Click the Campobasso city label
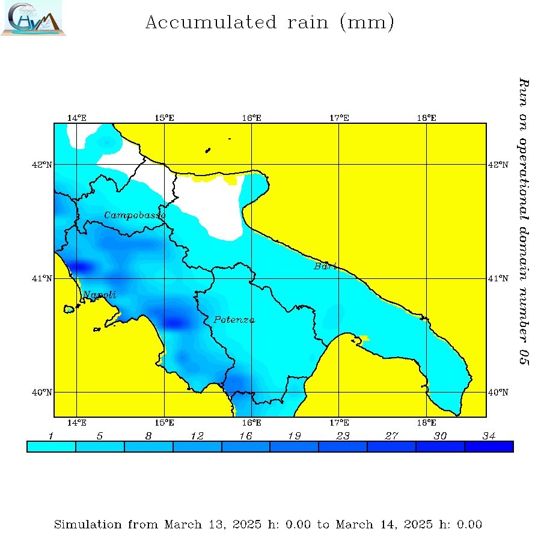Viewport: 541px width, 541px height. (x=135, y=215)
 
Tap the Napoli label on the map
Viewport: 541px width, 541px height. (x=99, y=295)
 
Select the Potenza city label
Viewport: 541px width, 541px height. (x=234, y=320)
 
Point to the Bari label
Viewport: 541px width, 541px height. (x=325, y=266)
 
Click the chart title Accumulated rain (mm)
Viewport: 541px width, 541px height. (x=270, y=23)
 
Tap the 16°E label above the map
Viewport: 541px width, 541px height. (x=252, y=118)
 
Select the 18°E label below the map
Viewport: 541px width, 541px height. (x=427, y=423)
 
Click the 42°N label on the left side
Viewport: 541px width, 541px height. (x=46, y=164)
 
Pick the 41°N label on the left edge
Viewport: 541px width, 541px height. (x=46, y=278)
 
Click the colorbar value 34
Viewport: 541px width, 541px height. (x=489, y=436)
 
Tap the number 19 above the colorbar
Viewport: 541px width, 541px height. (x=294, y=436)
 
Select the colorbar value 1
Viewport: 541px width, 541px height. (x=51, y=436)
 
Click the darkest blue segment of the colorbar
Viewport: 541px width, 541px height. (x=489, y=447)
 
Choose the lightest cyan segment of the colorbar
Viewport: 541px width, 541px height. (x=51, y=447)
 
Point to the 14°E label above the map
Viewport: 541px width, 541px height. (x=77, y=118)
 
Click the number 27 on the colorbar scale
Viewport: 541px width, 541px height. (x=391, y=436)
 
